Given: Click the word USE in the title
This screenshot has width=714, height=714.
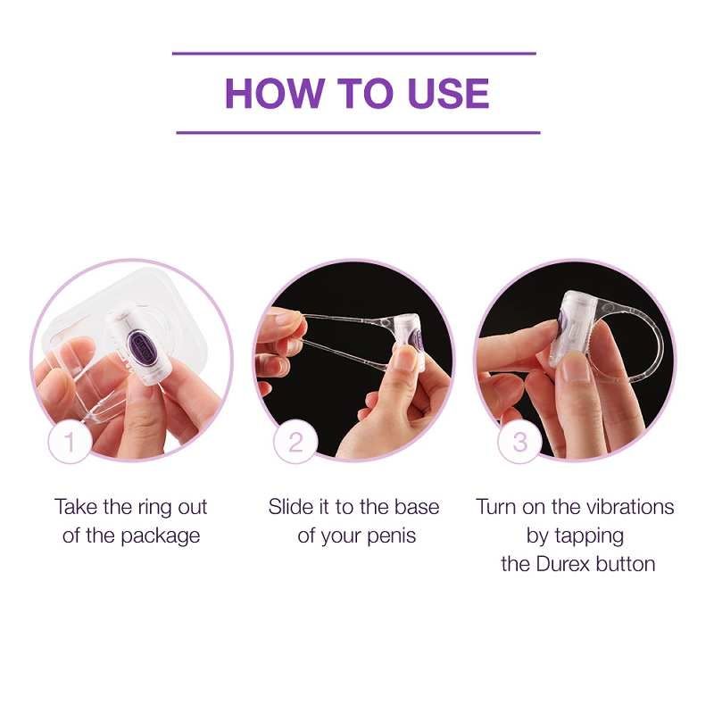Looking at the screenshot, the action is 449,94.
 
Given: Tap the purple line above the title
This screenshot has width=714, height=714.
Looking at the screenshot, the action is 354,54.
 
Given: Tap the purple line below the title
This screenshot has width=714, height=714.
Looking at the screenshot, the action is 358,132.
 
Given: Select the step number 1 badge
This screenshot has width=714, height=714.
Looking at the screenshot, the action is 70,441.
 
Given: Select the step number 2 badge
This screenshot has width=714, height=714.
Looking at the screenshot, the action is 295,441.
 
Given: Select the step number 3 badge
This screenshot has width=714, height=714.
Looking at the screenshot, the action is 520,441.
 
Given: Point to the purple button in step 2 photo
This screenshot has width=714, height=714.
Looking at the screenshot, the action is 416,341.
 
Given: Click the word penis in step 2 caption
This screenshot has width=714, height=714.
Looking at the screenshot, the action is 391,536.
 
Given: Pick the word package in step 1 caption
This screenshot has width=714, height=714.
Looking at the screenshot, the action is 161,536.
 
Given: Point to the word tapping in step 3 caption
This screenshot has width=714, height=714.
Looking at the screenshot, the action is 590,536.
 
